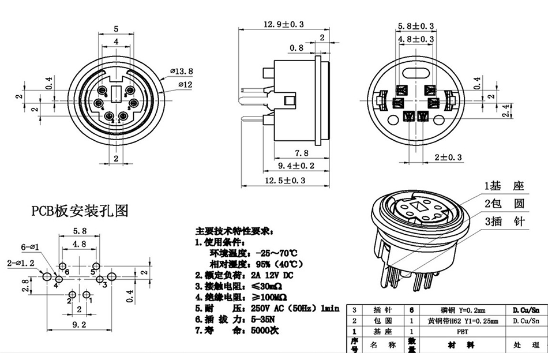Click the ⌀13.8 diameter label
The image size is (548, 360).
[x=182, y=71]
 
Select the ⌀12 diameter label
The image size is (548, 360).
[x=185, y=85]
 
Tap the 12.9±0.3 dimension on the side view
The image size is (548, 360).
[x=283, y=24]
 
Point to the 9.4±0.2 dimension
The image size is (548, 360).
[x=296, y=166]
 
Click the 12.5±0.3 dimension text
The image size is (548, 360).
[x=284, y=181]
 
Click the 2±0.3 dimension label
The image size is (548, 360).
[x=448, y=157]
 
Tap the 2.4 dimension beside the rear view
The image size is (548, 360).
[x=506, y=111]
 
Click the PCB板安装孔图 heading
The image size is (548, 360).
[x=79, y=211]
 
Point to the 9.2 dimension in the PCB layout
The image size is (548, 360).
[x=78, y=325]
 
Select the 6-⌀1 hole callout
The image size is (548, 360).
[x=29, y=247]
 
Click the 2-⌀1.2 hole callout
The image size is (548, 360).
[x=20, y=262]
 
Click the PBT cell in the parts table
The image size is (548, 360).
[x=462, y=332]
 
